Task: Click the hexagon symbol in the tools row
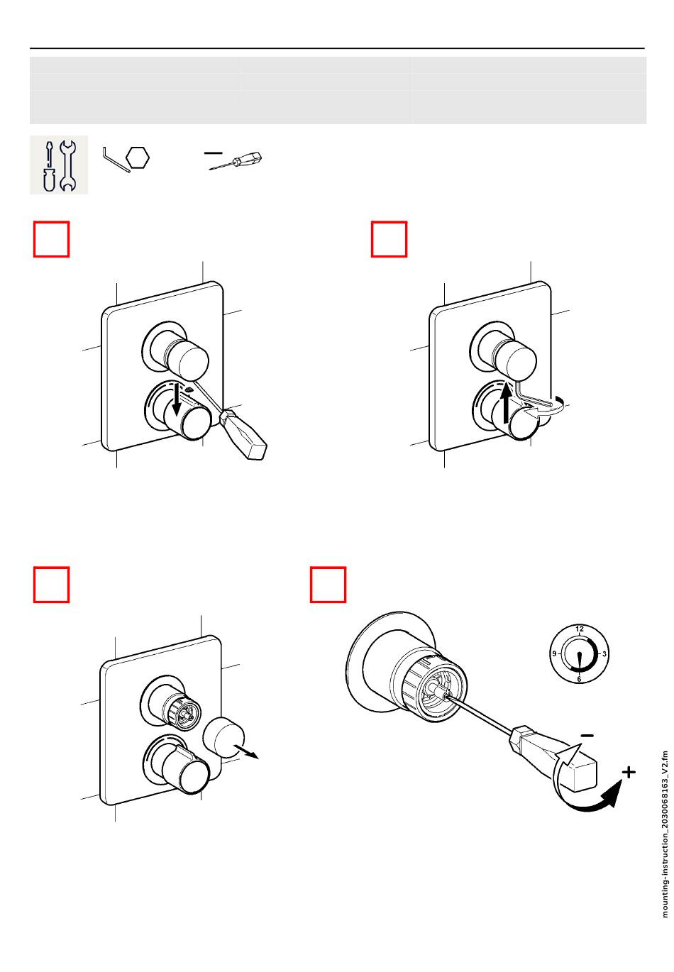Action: pyautogui.click(x=138, y=158)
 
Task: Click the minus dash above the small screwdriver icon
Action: pyautogui.click(x=213, y=152)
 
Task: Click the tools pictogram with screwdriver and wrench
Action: pyautogui.click(x=59, y=165)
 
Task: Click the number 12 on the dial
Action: pyautogui.click(x=580, y=629)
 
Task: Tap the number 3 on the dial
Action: pyautogui.click(x=603, y=653)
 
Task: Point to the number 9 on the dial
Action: pyautogui.click(x=555, y=653)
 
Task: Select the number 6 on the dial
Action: pyautogui.click(x=580, y=679)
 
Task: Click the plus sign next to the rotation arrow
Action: pyautogui.click(x=628, y=772)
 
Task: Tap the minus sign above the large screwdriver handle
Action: pyautogui.click(x=586, y=735)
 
